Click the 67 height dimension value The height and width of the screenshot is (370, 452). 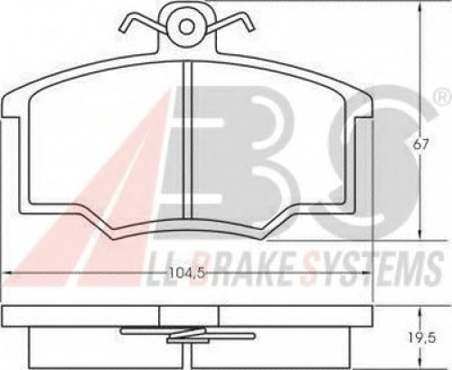(x=420, y=145)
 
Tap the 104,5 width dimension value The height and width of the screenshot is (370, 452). (x=187, y=274)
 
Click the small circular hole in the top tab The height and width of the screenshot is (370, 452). (x=186, y=27)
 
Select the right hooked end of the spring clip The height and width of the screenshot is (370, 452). (x=249, y=25)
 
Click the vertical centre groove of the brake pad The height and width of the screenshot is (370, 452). (x=187, y=139)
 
